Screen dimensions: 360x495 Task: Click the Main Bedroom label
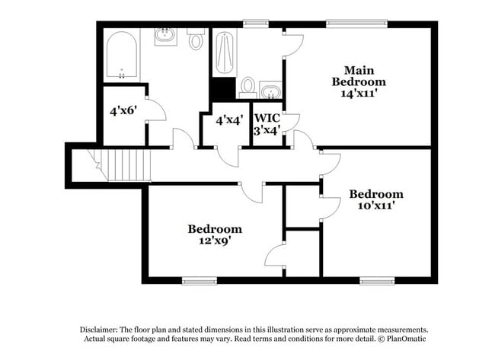[358, 75]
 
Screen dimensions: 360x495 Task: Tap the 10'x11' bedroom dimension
[376, 205]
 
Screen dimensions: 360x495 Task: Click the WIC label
[267, 118]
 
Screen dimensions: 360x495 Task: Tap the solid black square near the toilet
[222, 88]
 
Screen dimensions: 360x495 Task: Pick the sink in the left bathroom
[165, 35]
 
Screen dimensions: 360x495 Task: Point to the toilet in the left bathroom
[196, 39]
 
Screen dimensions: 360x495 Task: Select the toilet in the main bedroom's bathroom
[247, 86]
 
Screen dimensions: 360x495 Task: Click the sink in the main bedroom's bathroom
[270, 91]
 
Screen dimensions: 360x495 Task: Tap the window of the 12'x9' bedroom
[199, 281]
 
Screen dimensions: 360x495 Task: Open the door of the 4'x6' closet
[155, 110]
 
